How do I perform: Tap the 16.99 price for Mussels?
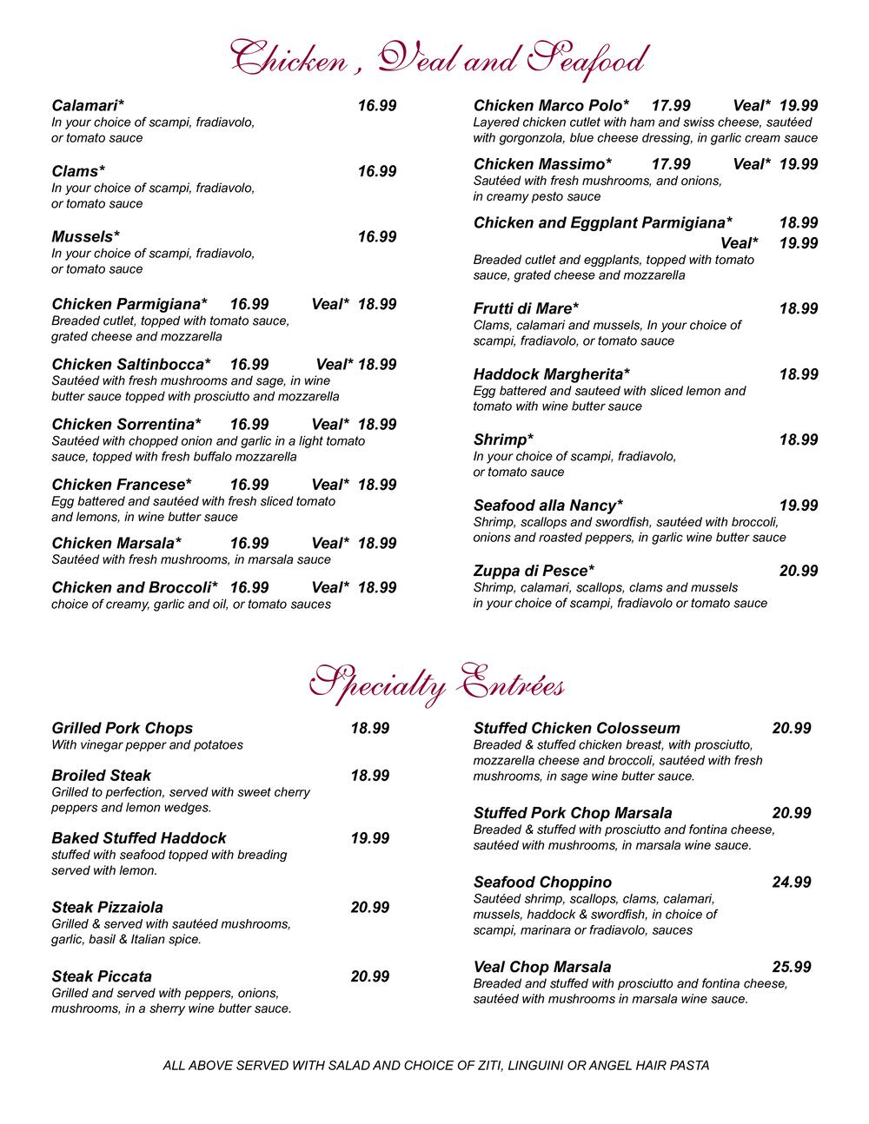377,237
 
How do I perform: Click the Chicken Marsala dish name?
116,544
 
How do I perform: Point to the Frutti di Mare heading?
526,309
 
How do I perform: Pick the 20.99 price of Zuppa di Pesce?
799,572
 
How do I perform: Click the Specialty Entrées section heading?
437,684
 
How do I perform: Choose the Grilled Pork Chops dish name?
122,729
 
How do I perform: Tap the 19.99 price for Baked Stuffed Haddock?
370,838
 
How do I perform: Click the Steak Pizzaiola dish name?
107,908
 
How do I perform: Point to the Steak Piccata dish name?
102,976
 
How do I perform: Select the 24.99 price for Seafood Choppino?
792,883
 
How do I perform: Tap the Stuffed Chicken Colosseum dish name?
577,729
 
